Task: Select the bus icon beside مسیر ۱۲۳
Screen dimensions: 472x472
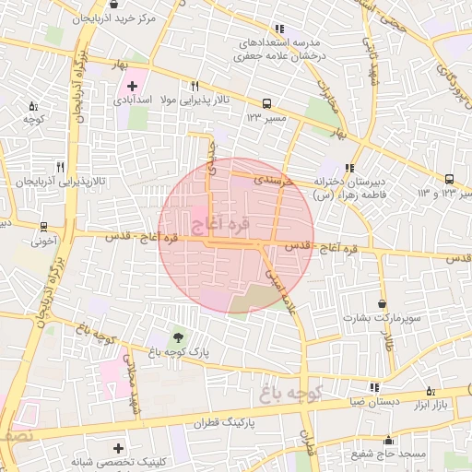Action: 266,104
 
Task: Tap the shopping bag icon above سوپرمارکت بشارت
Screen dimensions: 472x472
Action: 383,303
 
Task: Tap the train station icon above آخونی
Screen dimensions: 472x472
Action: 43,227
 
